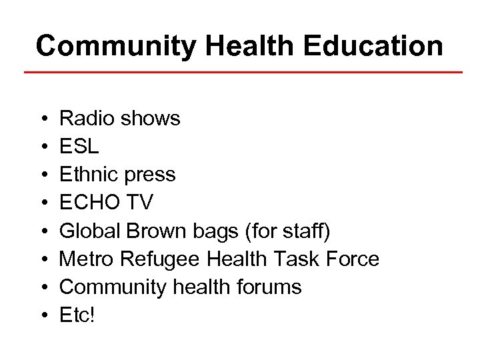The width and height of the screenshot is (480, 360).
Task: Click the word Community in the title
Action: click(x=116, y=46)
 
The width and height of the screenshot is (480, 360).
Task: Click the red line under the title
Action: click(x=243, y=71)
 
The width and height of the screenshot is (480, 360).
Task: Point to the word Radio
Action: click(x=85, y=119)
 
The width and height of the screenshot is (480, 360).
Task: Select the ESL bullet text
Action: click(x=79, y=147)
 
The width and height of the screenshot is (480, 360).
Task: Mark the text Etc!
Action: click(x=77, y=315)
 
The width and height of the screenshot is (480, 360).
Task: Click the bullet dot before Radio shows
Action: click(x=43, y=119)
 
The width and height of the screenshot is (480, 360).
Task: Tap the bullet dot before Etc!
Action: click(x=43, y=315)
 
